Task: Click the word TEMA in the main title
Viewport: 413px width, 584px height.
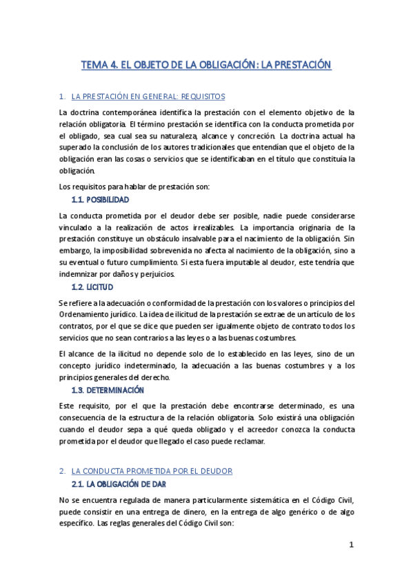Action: click(x=94, y=65)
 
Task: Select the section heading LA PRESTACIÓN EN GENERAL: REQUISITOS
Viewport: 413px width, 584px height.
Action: click(x=148, y=96)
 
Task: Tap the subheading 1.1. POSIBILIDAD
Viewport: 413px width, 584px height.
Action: click(x=100, y=200)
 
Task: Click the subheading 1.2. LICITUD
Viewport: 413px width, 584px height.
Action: click(x=92, y=286)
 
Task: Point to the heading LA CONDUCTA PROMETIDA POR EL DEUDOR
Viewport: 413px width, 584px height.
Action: click(x=152, y=470)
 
